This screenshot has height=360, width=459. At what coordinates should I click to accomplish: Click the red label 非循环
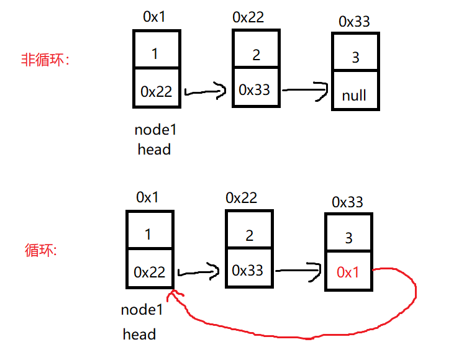[x=46, y=60]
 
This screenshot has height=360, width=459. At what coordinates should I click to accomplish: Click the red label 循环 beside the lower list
[x=41, y=250]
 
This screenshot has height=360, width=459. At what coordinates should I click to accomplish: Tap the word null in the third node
[x=354, y=96]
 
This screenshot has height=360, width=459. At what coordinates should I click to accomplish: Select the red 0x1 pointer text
[x=348, y=272]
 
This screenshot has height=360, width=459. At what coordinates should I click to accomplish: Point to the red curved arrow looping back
[x=298, y=328]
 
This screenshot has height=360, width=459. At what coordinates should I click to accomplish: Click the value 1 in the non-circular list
[x=155, y=54]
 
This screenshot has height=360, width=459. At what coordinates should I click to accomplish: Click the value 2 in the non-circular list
[x=257, y=55]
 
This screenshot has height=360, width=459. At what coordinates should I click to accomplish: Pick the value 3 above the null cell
[x=355, y=58]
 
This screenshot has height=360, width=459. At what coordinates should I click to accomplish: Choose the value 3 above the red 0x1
[x=348, y=238]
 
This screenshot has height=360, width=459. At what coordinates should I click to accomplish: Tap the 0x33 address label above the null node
[x=354, y=22]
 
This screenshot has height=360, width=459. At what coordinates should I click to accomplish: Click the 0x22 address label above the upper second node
[x=248, y=17]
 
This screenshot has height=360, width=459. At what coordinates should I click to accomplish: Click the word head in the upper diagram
[x=154, y=150]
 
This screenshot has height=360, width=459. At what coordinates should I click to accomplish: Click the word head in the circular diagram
[x=139, y=335]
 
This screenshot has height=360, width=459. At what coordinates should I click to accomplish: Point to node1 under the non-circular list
[x=155, y=130]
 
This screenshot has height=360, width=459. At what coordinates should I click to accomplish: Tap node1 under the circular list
[x=142, y=310]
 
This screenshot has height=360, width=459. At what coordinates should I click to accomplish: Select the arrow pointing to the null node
[x=305, y=90]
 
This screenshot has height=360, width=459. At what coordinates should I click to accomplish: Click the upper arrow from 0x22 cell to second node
[x=206, y=93]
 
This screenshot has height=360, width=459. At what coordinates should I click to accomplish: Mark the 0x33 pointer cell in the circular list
[x=247, y=271]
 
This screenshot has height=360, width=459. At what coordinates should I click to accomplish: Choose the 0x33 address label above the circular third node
[x=347, y=202]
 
